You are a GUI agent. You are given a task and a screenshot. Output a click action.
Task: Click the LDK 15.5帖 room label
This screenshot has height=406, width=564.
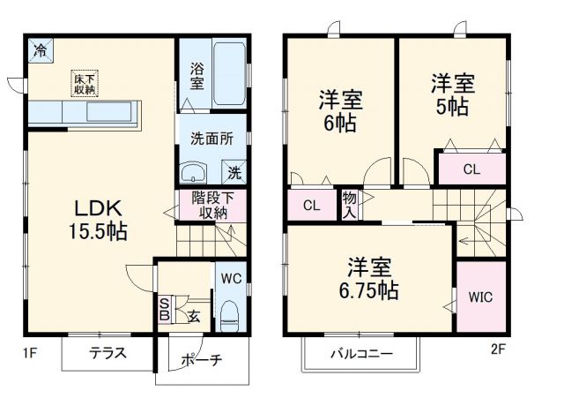[x=98, y=221]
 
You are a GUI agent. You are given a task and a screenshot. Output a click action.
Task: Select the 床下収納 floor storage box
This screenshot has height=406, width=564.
[x=85, y=84]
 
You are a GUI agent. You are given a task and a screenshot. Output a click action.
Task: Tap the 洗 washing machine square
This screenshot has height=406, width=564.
[x=235, y=170]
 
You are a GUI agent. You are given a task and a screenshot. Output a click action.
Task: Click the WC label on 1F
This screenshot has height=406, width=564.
[x=232, y=278]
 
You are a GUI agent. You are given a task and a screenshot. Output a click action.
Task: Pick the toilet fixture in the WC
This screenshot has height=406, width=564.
[x=231, y=314]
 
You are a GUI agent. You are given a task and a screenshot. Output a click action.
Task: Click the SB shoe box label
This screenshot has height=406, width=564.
[x=164, y=310]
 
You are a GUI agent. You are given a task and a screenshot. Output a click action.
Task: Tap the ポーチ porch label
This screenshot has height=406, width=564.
[x=201, y=360]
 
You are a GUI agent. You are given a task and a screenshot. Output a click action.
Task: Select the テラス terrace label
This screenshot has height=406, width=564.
[x=107, y=354]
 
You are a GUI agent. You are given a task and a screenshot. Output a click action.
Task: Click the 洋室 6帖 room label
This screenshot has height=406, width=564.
[x=339, y=110]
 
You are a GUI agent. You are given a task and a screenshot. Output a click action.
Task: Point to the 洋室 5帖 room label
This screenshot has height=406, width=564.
[x=452, y=95]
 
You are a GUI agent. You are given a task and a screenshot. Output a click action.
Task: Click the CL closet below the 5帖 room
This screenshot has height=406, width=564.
[x=471, y=169]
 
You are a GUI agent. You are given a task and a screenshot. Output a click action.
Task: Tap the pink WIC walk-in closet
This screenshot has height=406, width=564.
[x=480, y=296]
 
